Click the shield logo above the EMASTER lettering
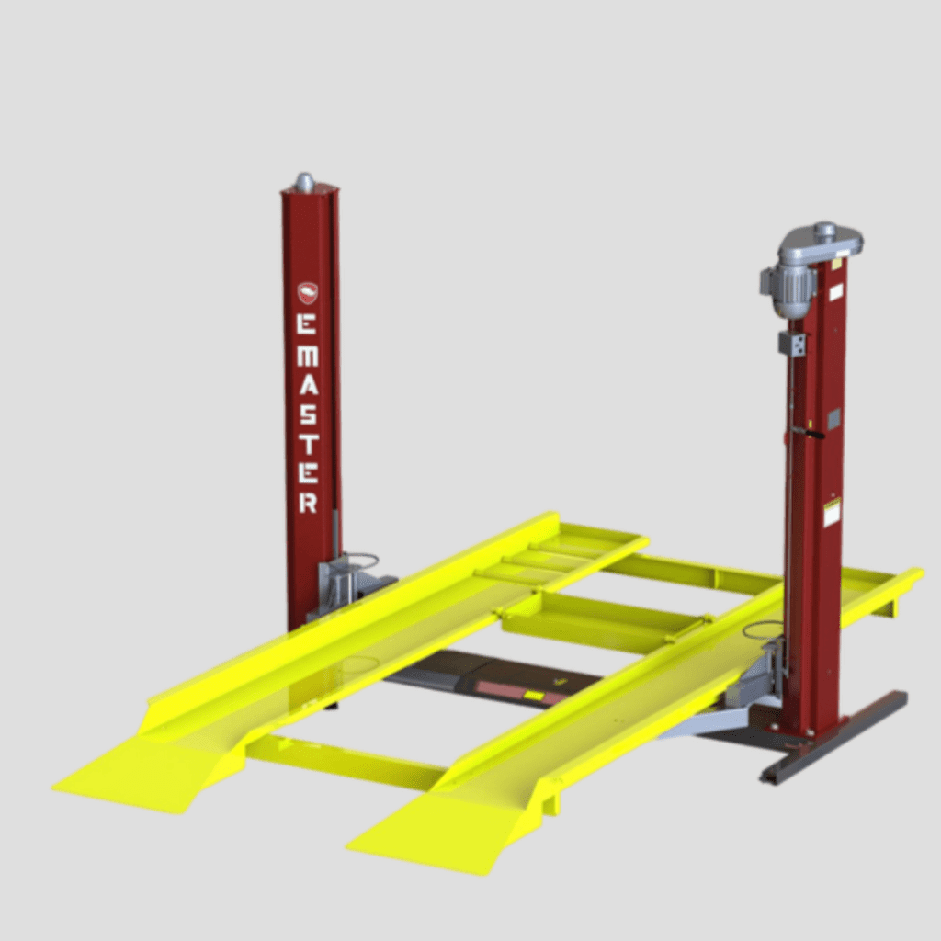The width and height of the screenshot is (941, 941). point(308,292)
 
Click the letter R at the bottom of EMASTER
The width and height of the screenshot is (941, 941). point(309,502)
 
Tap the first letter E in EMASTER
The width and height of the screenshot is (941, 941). point(309,323)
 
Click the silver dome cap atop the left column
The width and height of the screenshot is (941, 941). point(304,181)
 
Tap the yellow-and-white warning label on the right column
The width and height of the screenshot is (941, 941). point(832,513)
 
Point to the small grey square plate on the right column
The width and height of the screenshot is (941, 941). point(833,420)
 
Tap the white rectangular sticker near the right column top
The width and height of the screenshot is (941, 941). point(835,292)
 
